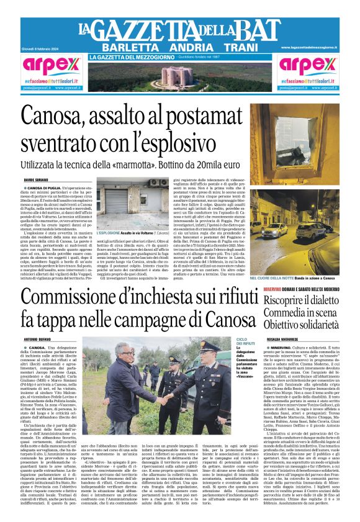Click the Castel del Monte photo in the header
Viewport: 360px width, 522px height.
179,76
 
